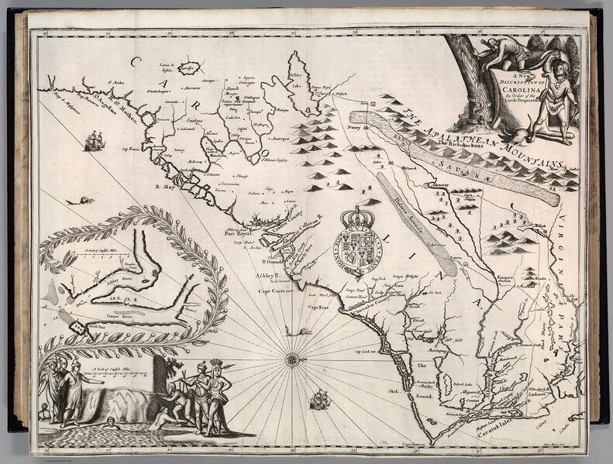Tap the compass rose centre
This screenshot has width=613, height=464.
coord(294,358)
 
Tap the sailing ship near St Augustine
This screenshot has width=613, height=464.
coord(95,141)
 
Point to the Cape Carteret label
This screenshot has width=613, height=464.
coord(277,292)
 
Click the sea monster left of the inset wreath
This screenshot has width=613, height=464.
coord(74,200)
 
